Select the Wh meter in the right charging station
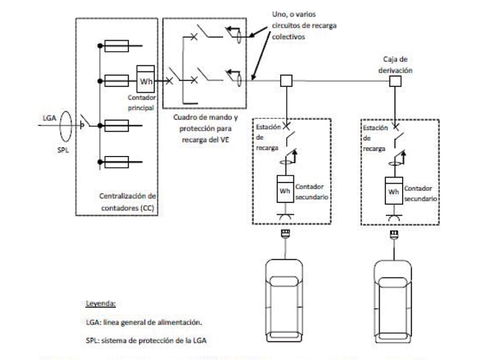tap(394, 188)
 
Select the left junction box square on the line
tap(285, 81)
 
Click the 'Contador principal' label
tap(140, 104)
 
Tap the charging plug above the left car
tap(286, 236)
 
